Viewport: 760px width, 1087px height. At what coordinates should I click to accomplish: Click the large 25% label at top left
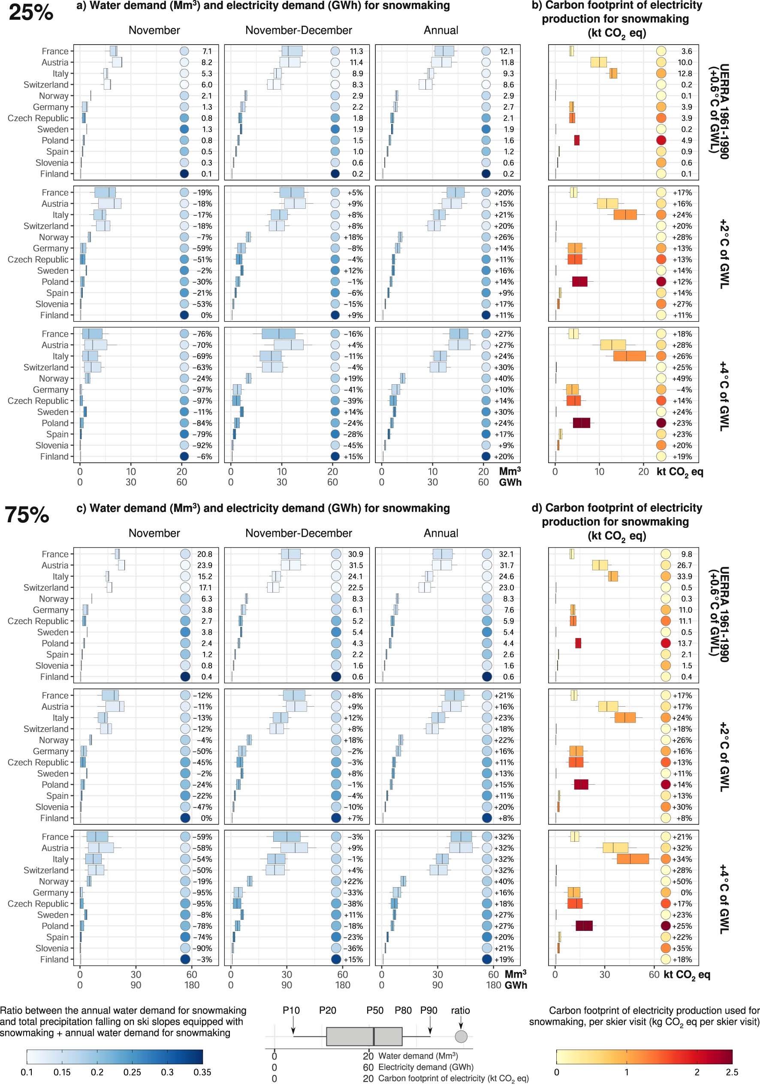(31, 12)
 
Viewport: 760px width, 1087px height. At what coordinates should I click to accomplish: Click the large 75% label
(27, 515)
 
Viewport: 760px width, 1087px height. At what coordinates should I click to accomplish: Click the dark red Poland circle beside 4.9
(661, 140)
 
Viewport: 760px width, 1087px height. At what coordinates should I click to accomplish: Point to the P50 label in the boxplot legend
(374, 1010)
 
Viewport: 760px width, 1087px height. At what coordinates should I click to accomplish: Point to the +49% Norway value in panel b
(682, 378)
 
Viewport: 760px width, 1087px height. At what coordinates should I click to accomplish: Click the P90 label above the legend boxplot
(428, 1010)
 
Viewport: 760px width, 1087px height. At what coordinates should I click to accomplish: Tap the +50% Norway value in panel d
(682, 882)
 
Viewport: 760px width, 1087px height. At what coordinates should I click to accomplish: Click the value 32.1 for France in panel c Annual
(506, 554)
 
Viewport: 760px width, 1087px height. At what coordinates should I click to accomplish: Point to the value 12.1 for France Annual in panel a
(506, 51)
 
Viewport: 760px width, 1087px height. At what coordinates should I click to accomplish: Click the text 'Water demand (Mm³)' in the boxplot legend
(418, 1056)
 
